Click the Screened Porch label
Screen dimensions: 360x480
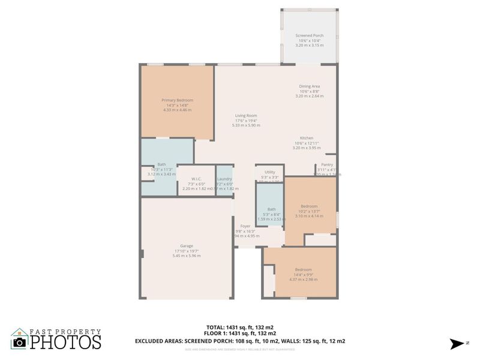click(309, 35)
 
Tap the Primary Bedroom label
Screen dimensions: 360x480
click(177, 100)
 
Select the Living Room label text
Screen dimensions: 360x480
click(246, 116)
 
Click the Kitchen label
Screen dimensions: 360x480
click(307, 138)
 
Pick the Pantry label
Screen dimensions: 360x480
click(327, 164)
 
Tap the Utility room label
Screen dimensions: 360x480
click(269, 172)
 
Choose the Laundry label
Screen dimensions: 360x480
click(224, 179)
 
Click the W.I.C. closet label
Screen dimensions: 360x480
click(196, 179)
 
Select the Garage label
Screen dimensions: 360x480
click(186, 246)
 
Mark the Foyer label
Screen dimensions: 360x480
click(245, 226)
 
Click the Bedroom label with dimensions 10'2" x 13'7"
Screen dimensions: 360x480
click(309, 206)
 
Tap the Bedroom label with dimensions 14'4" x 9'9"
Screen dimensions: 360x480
click(303, 269)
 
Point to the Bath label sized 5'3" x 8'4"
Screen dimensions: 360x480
click(272, 209)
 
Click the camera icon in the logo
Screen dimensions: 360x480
click(20, 342)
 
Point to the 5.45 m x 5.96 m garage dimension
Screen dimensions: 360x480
click(186, 256)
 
